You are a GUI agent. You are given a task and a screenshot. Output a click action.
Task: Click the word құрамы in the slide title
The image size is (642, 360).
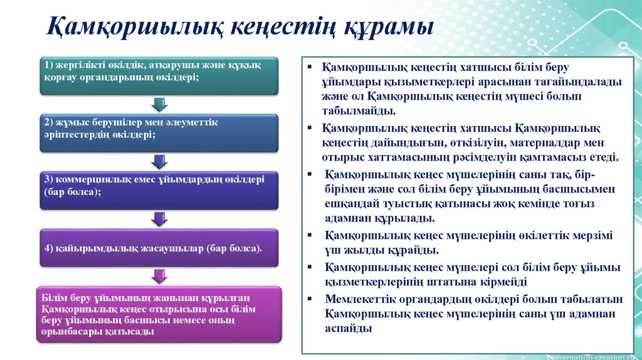click(x=387, y=28)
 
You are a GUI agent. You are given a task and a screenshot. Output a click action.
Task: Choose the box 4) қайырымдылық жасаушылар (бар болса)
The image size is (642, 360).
click(x=159, y=247)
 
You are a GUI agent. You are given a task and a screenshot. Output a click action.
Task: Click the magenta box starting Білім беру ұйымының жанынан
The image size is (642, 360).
click(x=159, y=314)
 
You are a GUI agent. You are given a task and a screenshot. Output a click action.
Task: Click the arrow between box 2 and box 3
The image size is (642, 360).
click(x=160, y=161)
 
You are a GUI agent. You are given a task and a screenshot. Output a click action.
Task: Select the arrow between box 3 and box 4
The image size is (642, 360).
click(x=160, y=218)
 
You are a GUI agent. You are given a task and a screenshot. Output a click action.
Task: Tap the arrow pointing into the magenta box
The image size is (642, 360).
click(x=160, y=276)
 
